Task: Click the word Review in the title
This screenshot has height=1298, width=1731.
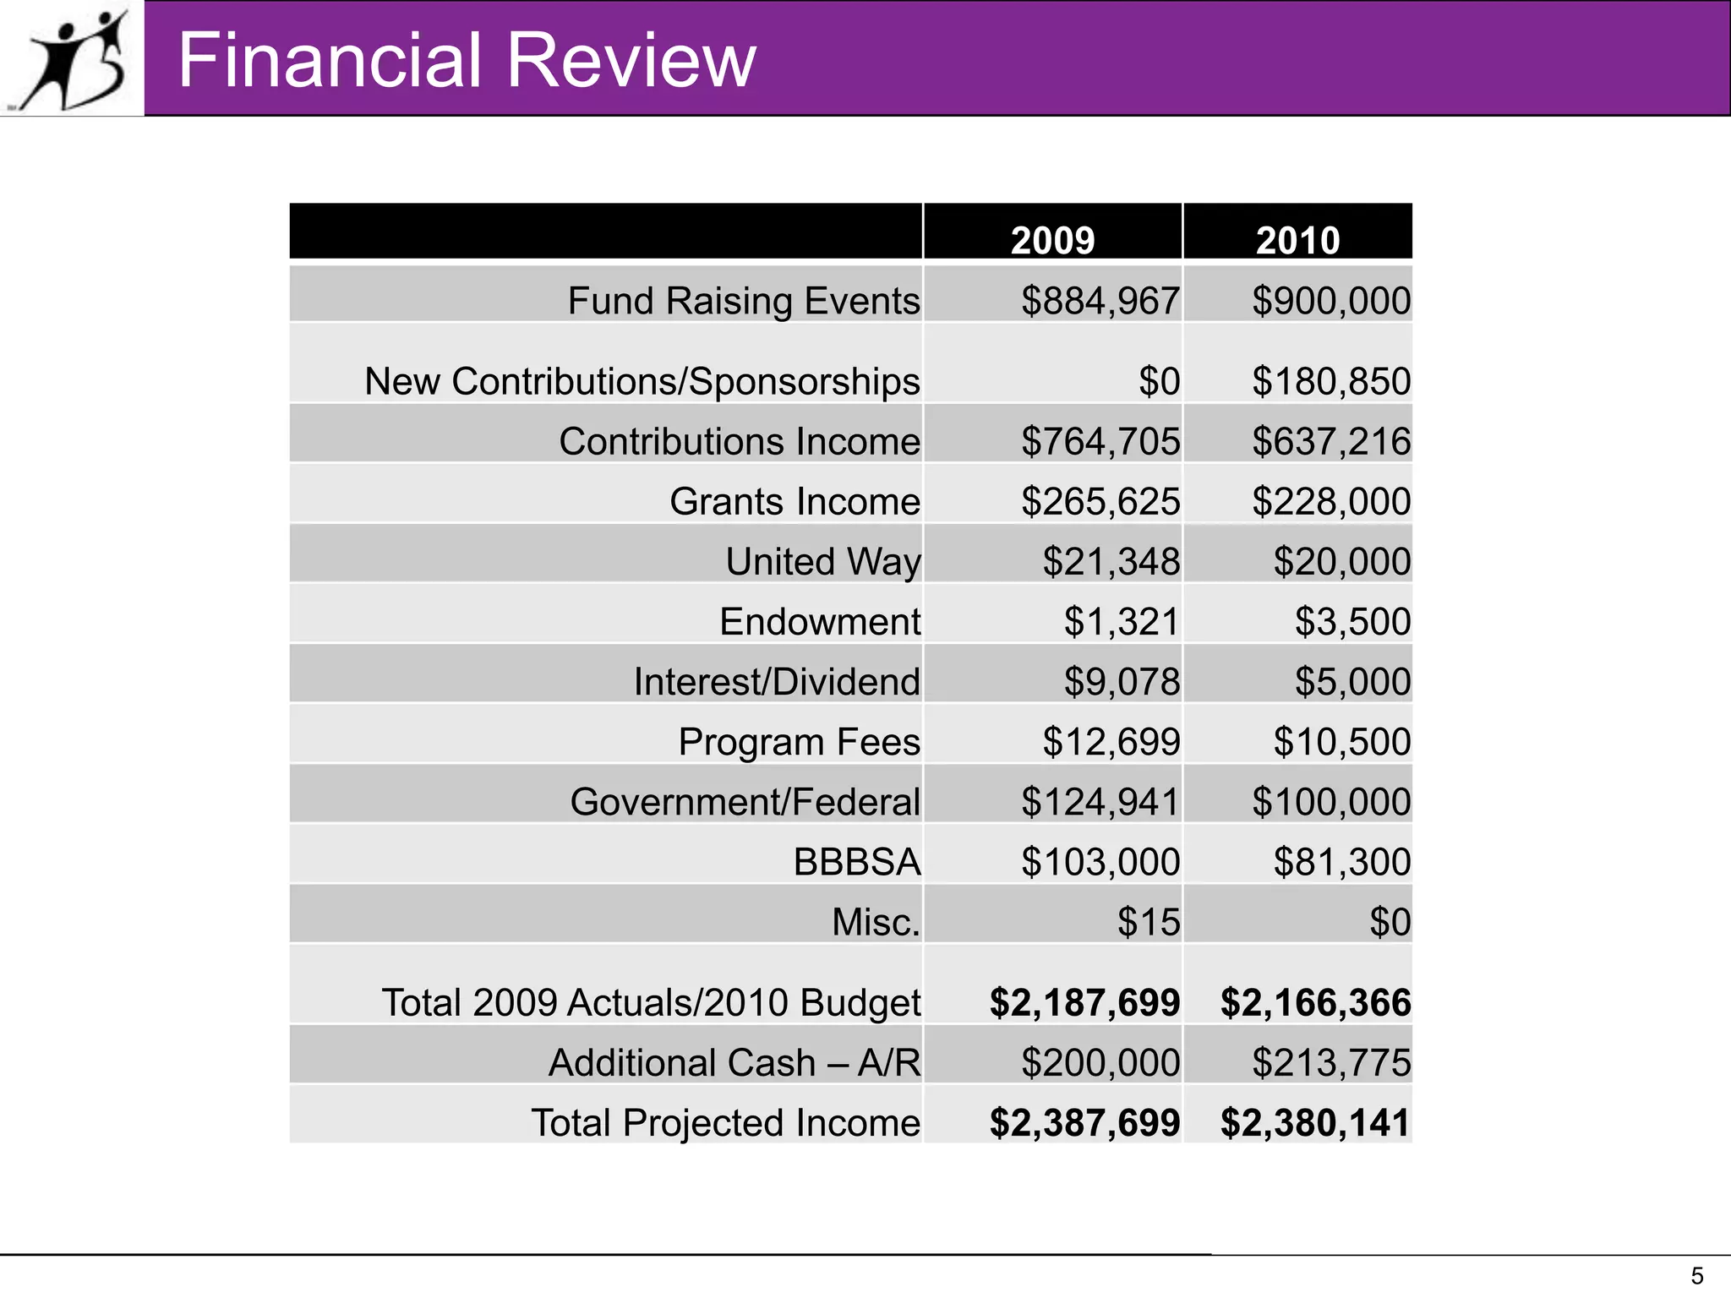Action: [x=629, y=61]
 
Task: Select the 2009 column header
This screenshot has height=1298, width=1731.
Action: [x=1052, y=240]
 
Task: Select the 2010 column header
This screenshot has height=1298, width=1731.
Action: [x=1297, y=240]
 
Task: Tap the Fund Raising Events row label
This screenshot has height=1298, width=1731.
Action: [x=743, y=301]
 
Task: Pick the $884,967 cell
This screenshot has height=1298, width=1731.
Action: [x=1100, y=301]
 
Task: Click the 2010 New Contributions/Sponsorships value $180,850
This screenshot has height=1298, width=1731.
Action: [x=1330, y=381]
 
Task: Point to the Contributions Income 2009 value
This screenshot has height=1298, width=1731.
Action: [x=1100, y=441]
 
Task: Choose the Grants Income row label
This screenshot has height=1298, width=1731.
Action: [x=795, y=501]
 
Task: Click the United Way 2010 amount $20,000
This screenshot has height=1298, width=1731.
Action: [x=1341, y=561]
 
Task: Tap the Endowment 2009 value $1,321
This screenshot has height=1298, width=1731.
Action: [x=1121, y=621]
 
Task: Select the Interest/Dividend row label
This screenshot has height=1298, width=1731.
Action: [x=776, y=681]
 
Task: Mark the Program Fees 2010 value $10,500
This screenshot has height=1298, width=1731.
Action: [x=1341, y=741]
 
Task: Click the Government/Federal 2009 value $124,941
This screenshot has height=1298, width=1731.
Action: [x=1100, y=801]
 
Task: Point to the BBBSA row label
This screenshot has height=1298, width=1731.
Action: [x=856, y=862]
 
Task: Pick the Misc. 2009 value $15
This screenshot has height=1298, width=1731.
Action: [x=1148, y=921]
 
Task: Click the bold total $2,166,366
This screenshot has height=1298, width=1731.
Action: [x=1315, y=1002]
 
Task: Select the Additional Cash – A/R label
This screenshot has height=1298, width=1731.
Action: [x=734, y=1062]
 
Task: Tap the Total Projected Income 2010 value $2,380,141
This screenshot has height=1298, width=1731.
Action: [x=1315, y=1122]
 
